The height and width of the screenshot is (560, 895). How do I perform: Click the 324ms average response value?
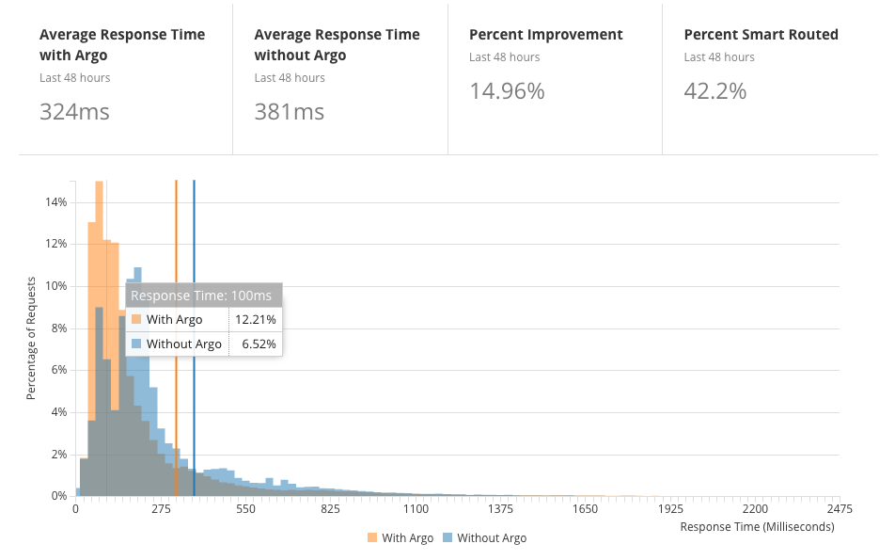pos(74,112)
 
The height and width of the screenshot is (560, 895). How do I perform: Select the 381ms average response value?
pos(289,112)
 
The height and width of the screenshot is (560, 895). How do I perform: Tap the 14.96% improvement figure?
pos(507,91)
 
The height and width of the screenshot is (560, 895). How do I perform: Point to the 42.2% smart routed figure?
pos(714,91)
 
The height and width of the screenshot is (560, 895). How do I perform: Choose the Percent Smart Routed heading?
pos(761,35)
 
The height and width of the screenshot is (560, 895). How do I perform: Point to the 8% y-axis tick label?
pos(58,328)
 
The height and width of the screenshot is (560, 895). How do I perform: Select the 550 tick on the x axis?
pos(245,509)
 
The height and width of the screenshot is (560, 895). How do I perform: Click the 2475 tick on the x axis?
pos(840,509)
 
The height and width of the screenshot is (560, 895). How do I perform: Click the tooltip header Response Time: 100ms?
pos(203,296)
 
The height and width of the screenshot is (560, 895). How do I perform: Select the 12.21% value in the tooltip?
pos(255,320)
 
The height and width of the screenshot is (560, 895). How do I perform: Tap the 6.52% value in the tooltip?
pos(258,344)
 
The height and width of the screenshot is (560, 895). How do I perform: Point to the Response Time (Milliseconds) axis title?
pos(756,527)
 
